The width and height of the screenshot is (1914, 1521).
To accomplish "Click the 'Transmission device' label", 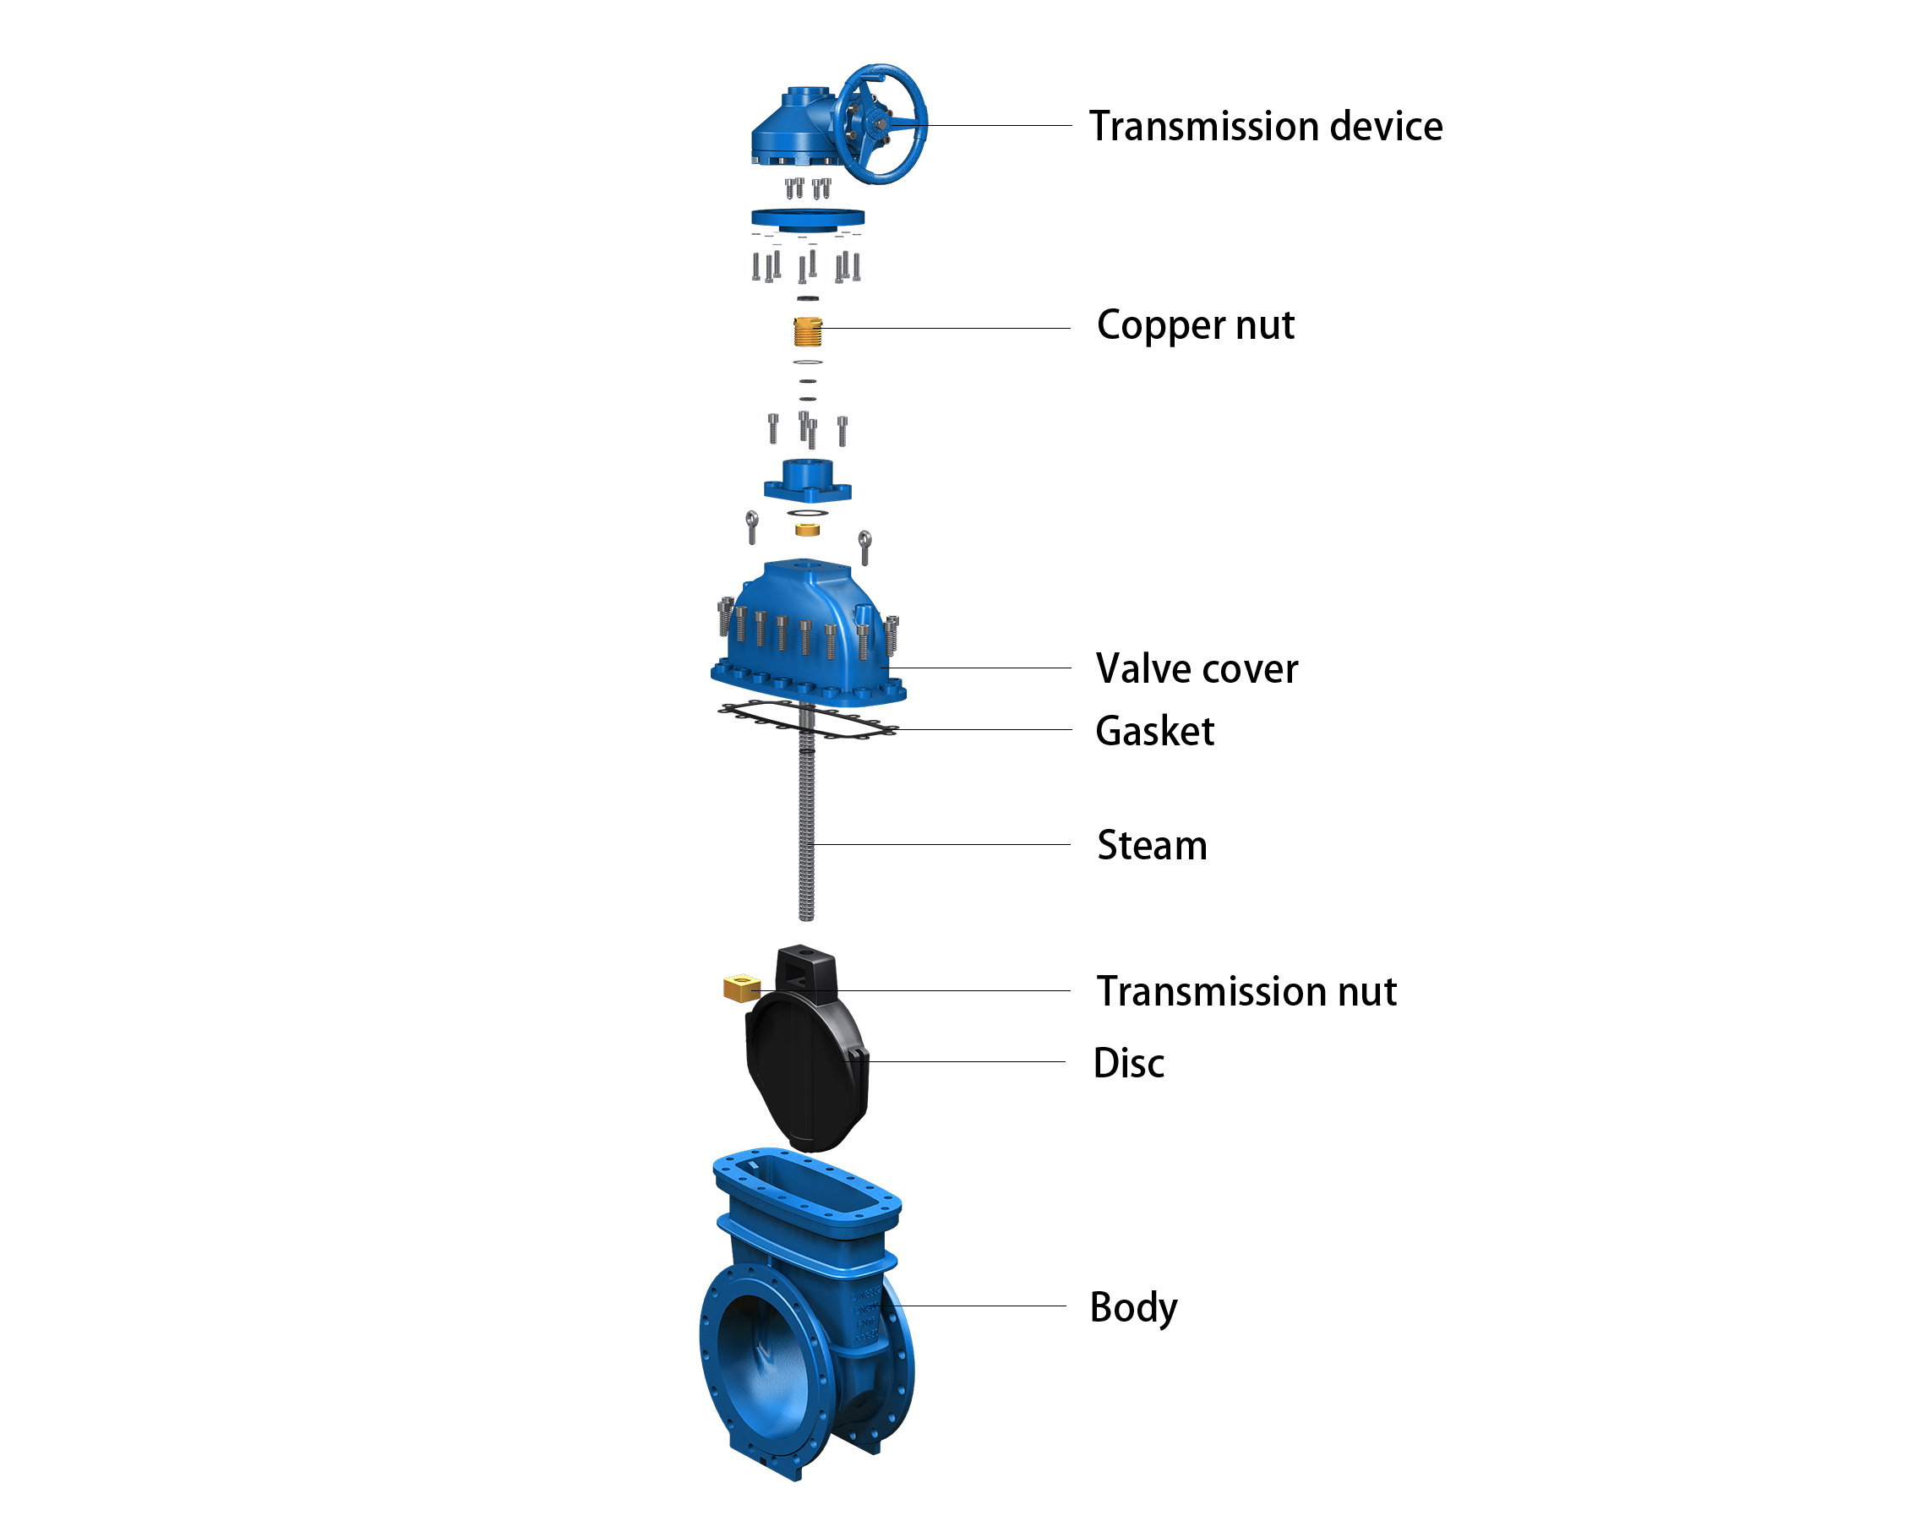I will [x=1265, y=126].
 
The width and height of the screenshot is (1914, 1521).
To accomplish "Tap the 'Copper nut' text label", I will [x=1195, y=325].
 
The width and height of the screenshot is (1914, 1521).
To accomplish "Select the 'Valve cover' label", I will [x=1196, y=668].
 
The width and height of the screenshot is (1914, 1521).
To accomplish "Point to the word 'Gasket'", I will [x=1154, y=731].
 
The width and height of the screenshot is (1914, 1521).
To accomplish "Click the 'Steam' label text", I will [x=1152, y=845].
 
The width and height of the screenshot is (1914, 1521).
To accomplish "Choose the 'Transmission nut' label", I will [x=1246, y=991].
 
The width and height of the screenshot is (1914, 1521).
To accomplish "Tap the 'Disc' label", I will [x=1128, y=1063].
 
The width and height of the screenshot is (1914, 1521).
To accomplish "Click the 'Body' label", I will [x=1133, y=1307].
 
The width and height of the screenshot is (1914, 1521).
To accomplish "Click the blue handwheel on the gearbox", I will [x=881, y=124].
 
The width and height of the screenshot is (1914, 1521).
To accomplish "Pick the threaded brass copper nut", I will [x=807, y=331].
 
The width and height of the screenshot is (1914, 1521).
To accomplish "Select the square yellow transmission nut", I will [x=741, y=987].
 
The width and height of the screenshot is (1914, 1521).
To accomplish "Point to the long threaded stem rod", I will [x=806, y=835].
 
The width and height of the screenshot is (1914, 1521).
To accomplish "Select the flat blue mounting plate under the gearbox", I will [x=807, y=217].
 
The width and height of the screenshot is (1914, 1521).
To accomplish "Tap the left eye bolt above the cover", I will [x=752, y=526].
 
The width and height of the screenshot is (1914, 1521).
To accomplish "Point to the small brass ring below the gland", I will [x=807, y=529].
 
